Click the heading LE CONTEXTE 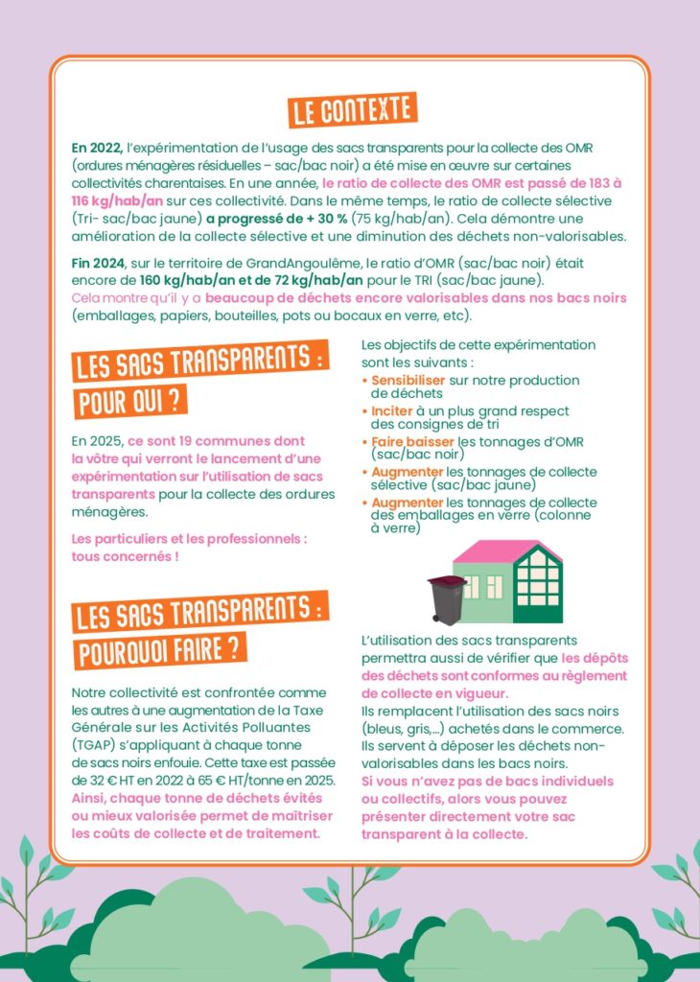pos(352,111)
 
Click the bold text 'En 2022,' pos(97,148)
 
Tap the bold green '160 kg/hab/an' pos(188,280)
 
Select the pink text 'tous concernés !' pos(125,556)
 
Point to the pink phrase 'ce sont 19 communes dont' pos(216,441)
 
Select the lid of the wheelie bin pos(446,582)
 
